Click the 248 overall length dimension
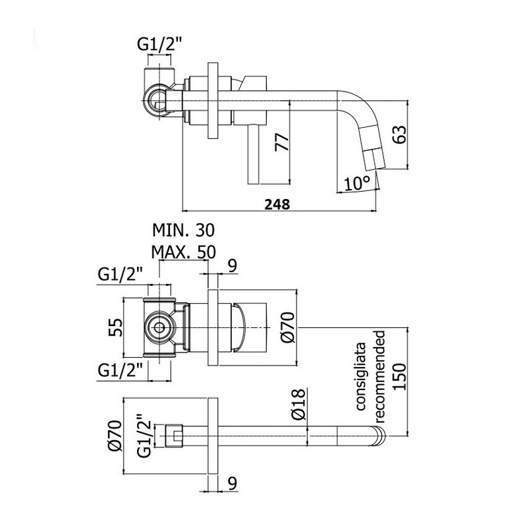tap(277, 204)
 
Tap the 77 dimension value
tap(282, 142)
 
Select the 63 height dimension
tap(400, 134)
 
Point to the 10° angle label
tap(357, 184)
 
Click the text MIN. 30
tap(183, 231)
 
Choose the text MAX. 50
tap(183, 252)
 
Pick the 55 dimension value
tap(115, 327)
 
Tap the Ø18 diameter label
tap(298, 404)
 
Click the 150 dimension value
tap(400, 377)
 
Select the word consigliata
tap(361, 376)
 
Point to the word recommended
tap(379, 376)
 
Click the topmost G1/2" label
tap(159, 43)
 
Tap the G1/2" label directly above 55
tap(121, 275)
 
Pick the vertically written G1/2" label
tap(145, 435)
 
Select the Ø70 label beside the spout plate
tap(115, 436)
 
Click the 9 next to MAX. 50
tap(233, 266)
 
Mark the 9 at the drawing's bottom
tap(233, 484)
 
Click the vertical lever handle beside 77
tap(253, 154)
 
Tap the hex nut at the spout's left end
tap(174, 436)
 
